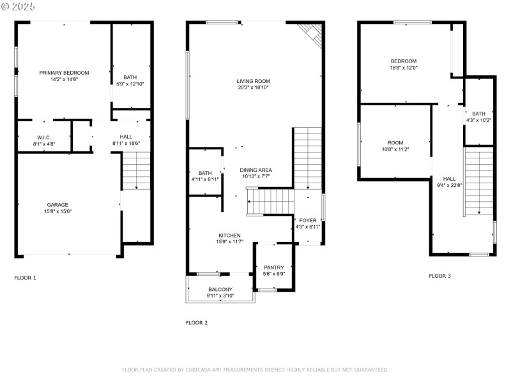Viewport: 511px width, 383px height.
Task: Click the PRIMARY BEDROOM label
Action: click(x=64, y=73)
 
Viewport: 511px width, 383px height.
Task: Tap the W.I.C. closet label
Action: click(x=43, y=137)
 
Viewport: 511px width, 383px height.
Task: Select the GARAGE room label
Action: click(x=57, y=204)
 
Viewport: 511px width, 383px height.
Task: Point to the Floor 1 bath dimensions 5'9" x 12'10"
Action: click(x=130, y=84)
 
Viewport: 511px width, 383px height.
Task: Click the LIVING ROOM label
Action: click(x=253, y=81)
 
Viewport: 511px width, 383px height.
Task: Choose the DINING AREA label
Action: click(x=256, y=170)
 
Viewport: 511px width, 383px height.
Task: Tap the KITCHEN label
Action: click(x=229, y=235)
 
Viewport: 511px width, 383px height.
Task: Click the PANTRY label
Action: click(x=274, y=267)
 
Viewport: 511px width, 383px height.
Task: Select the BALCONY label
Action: click(x=220, y=289)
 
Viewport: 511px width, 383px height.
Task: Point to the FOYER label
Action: click(x=308, y=220)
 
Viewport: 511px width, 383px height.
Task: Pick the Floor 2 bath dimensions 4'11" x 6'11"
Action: click(x=205, y=179)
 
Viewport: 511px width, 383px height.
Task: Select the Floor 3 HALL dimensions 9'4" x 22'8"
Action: click(x=450, y=186)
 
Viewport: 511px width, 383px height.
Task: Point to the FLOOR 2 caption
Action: click(x=197, y=322)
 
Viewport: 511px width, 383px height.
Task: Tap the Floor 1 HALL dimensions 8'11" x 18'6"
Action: click(x=126, y=144)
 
